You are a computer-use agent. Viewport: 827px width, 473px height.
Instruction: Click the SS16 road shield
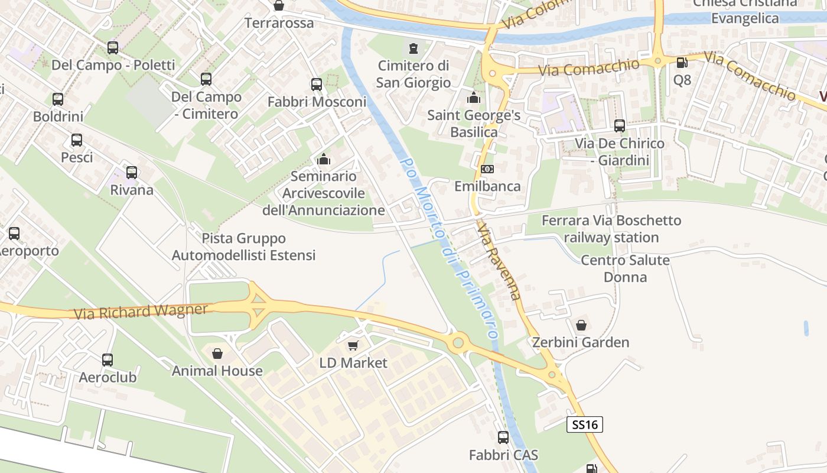(x=585, y=424)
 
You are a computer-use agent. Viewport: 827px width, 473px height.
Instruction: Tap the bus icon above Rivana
(x=132, y=173)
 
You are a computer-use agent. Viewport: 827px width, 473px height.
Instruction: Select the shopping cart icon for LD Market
(x=353, y=345)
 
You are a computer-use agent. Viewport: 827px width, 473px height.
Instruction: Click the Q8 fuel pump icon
(x=682, y=62)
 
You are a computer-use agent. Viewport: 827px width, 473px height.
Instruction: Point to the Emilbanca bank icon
(x=487, y=169)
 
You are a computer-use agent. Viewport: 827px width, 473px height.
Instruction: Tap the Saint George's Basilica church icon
(x=473, y=98)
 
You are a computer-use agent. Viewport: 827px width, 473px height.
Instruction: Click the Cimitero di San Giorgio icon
(x=413, y=48)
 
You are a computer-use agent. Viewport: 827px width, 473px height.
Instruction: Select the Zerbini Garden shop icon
(x=581, y=325)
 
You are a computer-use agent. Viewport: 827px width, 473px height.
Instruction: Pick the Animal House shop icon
(x=217, y=354)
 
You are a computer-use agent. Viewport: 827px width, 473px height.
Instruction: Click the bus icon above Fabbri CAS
(x=503, y=438)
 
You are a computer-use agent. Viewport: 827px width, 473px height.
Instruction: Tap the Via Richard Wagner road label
(x=141, y=311)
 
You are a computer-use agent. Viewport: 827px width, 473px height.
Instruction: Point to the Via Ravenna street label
(x=500, y=261)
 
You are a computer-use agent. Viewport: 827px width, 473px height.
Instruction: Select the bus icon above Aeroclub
(x=108, y=359)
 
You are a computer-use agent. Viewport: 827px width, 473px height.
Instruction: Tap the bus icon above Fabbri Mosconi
(x=317, y=85)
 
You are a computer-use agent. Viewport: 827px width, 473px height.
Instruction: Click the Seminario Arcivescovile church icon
(x=323, y=159)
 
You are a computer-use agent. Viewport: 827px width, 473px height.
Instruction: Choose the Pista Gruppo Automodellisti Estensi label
(x=244, y=247)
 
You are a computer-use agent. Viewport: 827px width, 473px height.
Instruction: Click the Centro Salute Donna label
(x=625, y=268)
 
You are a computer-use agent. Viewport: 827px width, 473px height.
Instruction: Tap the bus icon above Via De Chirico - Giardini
(x=619, y=126)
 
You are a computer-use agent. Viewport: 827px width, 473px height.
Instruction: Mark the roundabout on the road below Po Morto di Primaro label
(x=457, y=342)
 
